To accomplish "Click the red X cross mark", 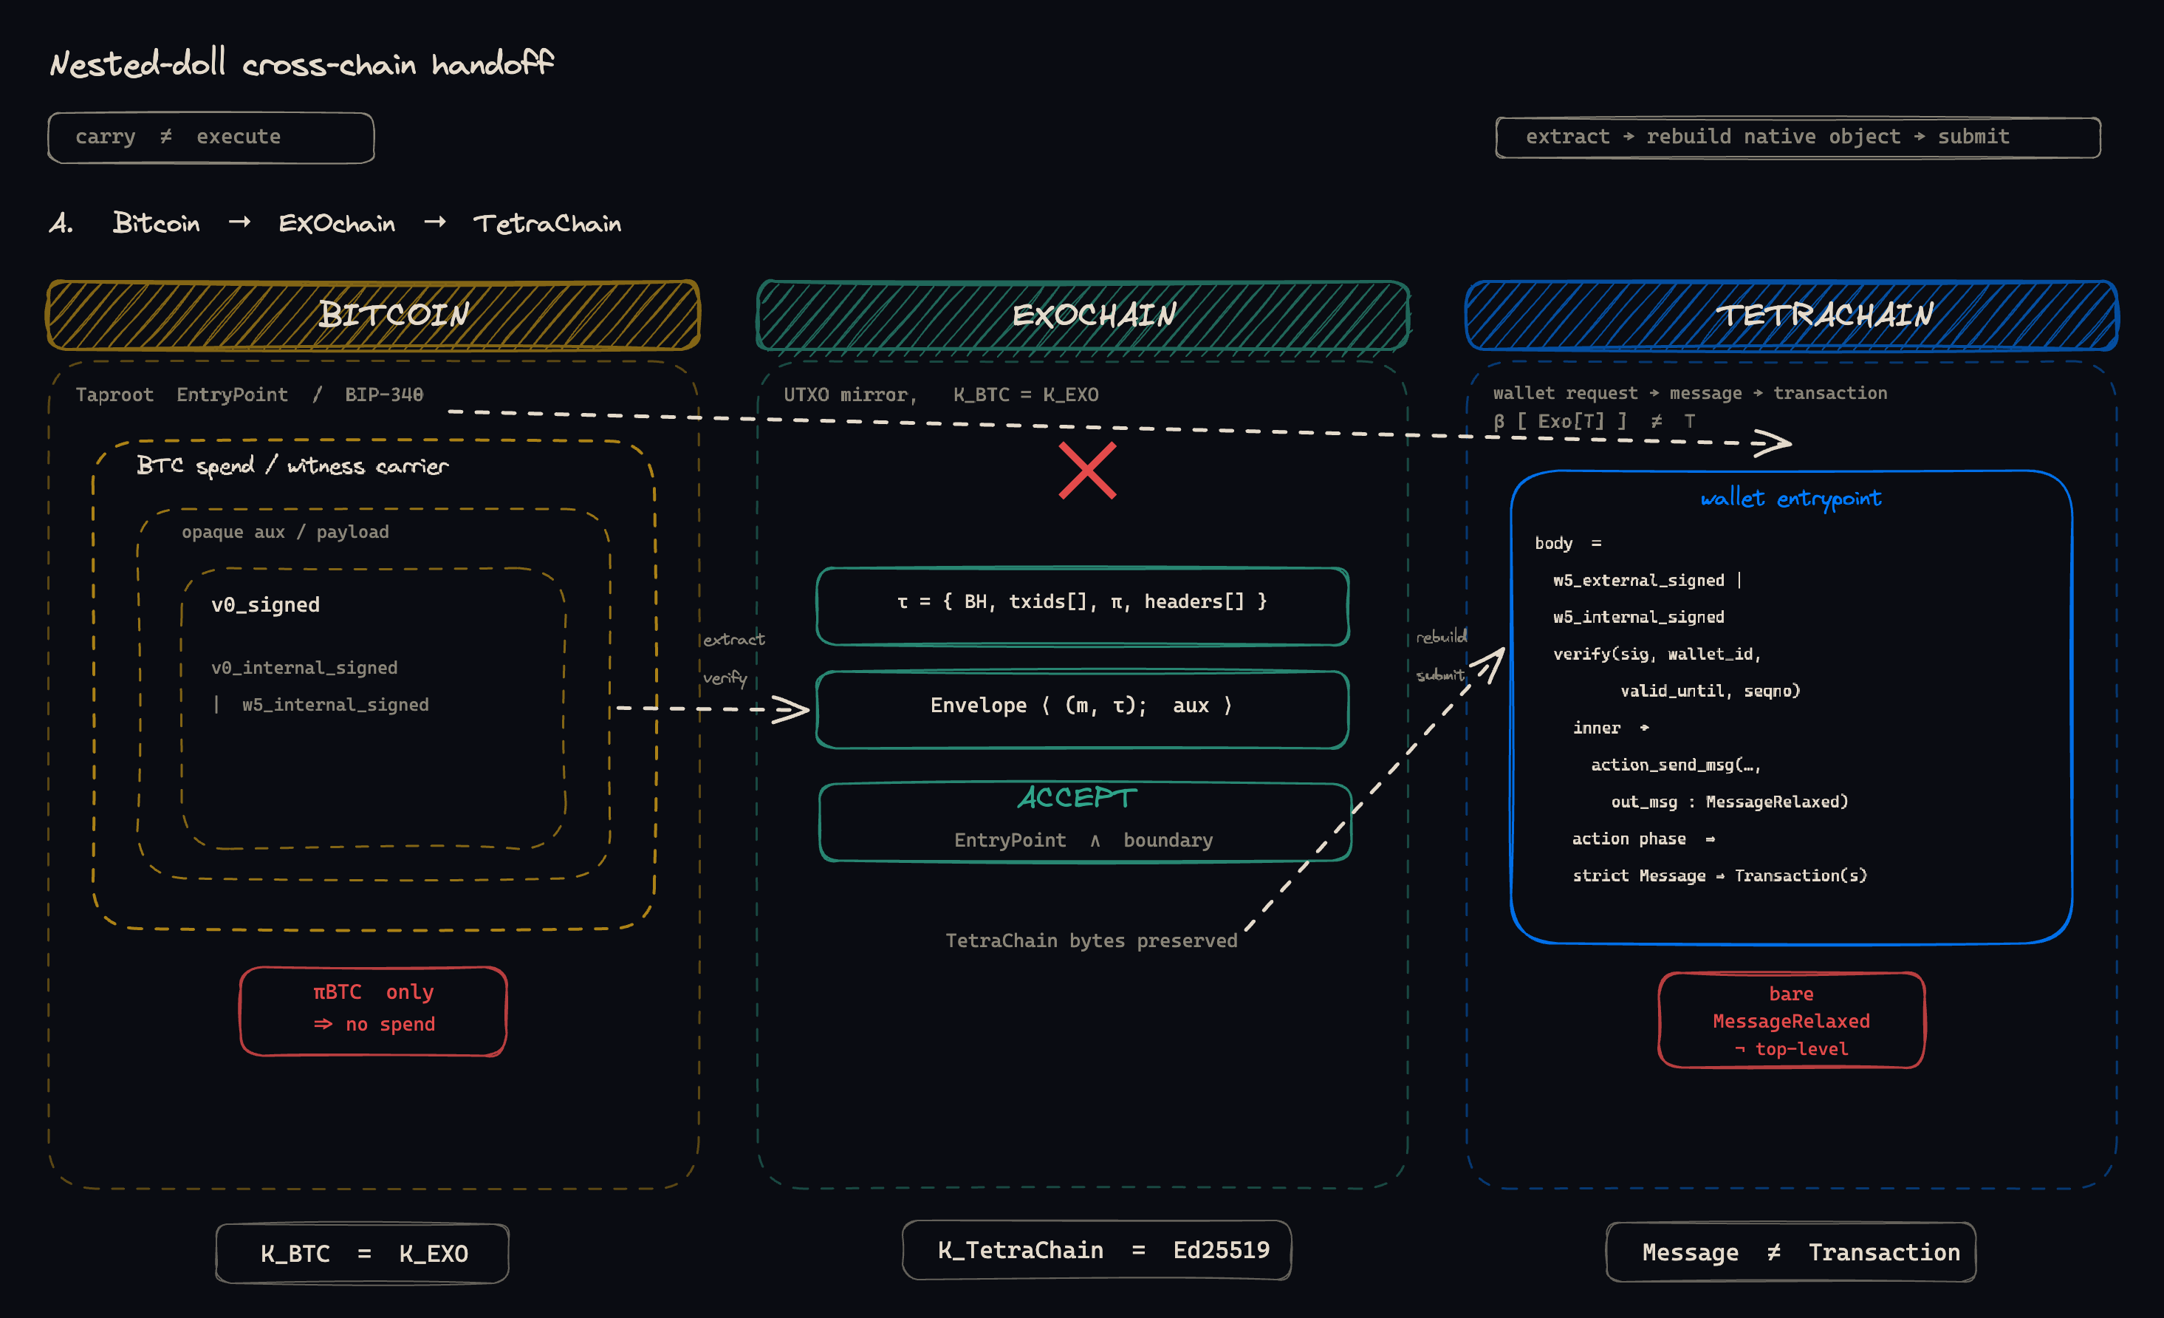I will tap(1087, 471).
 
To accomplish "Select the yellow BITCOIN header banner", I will tap(373, 315).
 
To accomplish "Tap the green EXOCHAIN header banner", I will tap(1083, 315).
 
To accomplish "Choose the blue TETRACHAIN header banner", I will tap(1792, 315).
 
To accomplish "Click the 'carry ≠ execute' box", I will tap(210, 137).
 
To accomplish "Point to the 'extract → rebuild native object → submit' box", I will tap(1798, 137).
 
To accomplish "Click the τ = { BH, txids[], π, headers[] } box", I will tap(1082, 605).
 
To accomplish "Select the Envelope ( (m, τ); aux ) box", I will tap(1082, 708).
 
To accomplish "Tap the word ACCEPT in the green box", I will tap(1077, 797).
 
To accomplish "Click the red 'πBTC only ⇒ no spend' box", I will tap(373, 1010).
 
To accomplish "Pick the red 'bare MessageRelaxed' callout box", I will tap(1791, 1020).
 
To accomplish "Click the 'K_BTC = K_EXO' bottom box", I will tap(363, 1253).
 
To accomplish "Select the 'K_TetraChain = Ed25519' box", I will tap(1097, 1249).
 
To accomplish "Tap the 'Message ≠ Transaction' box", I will tap(1791, 1252).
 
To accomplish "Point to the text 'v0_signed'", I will tap(265, 604).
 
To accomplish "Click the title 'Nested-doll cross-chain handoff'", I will tap(301, 64).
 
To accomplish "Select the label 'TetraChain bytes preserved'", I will tap(1091, 940).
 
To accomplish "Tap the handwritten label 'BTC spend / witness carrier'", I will tap(292, 465).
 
